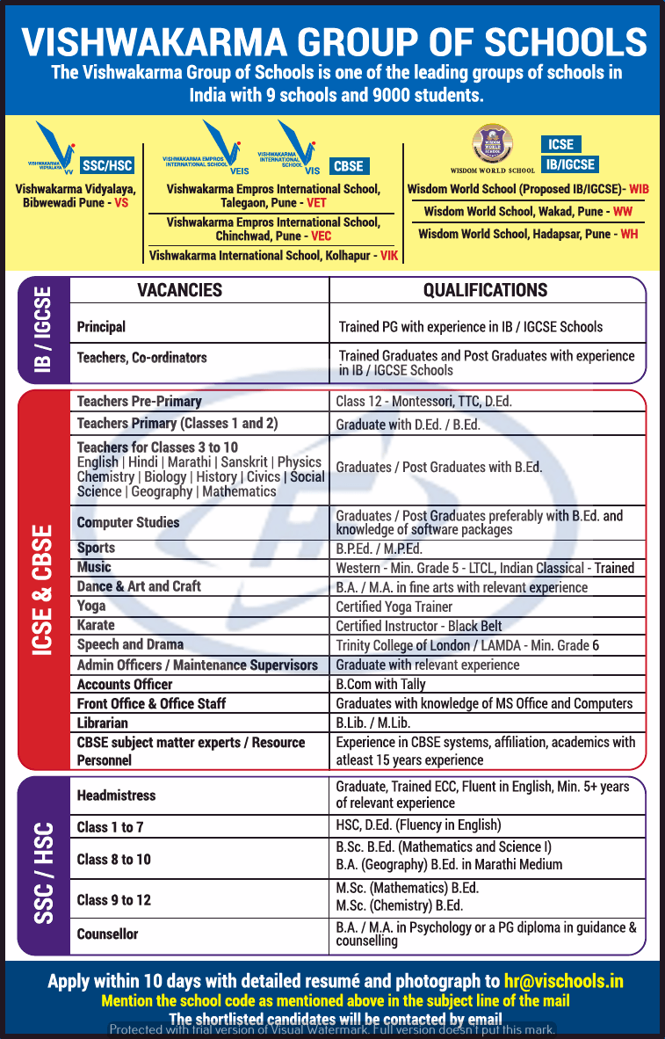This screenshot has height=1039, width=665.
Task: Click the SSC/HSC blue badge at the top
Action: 108,165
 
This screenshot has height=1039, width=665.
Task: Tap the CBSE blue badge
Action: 349,165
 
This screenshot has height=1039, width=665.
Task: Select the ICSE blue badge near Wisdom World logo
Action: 560,144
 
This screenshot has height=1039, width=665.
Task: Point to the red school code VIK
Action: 389,256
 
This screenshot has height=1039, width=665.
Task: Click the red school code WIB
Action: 639,189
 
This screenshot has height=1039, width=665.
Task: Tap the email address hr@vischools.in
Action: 563,981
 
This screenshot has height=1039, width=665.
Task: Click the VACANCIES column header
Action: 180,290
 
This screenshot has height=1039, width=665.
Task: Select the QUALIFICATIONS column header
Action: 485,290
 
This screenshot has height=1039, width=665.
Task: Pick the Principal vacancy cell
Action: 102,327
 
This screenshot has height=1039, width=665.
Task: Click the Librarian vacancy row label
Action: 103,723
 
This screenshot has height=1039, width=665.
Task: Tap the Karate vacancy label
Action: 96,625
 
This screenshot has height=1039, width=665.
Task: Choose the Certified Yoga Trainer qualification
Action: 394,607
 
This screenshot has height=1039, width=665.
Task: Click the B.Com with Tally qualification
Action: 380,684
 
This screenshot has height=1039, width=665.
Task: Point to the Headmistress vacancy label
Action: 116,796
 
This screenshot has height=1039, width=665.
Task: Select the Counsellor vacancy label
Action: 107,934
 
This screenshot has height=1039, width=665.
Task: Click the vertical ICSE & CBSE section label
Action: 43,589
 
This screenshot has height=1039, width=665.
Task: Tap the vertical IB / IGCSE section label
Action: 43,330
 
